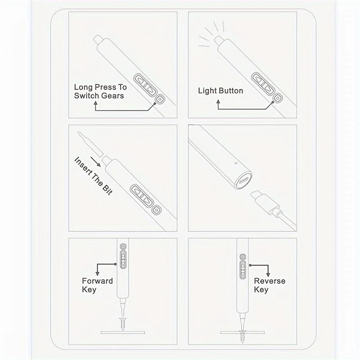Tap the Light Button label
pos(220,91)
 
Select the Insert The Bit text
pos(93,175)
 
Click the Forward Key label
pos(97,285)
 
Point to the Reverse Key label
pos(270,285)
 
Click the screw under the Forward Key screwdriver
pos(121,323)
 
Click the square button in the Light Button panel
pos(278,97)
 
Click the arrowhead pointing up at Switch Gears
pos(96,104)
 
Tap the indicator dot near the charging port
pos(235,163)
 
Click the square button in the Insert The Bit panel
pos(156,210)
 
